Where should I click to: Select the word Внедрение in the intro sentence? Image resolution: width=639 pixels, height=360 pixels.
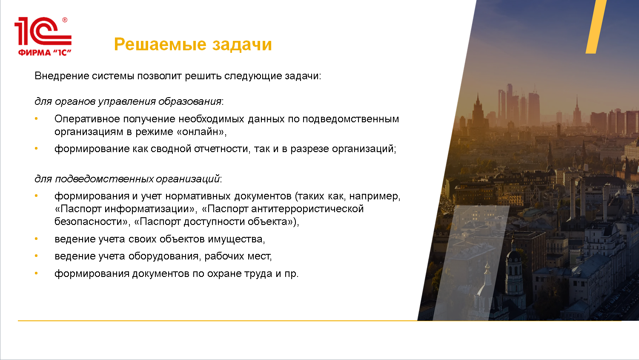click(61, 76)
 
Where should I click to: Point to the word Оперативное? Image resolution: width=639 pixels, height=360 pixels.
click(87, 119)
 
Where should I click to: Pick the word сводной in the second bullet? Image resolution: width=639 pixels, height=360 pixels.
click(171, 149)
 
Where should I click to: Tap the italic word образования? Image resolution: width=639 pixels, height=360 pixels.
click(190, 101)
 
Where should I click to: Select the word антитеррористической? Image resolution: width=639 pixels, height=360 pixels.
click(307, 209)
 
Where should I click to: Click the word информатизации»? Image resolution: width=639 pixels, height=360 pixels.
click(151, 209)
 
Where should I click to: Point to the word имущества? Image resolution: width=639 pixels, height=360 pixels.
click(236, 239)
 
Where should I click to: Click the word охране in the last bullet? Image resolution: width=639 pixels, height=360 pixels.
click(224, 274)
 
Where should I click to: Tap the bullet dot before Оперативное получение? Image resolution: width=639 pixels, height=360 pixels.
click(36, 119)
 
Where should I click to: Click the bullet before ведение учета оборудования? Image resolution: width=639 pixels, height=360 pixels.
click(36, 256)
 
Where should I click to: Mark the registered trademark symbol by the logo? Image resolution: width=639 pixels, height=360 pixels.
click(65, 20)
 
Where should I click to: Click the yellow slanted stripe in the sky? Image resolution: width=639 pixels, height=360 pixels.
click(596, 26)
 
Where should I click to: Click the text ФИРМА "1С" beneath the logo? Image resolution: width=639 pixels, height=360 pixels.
click(45, 52)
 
